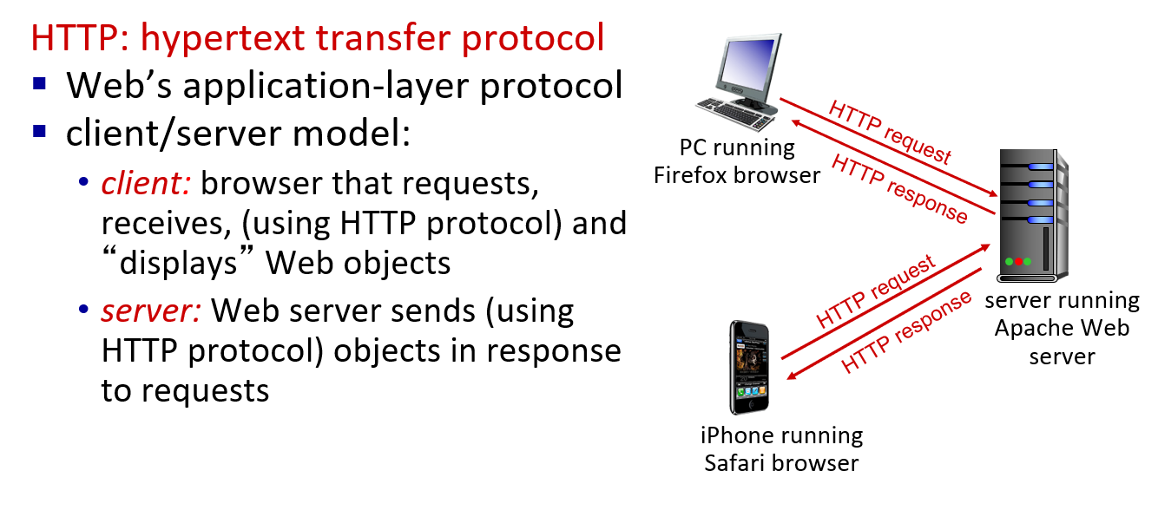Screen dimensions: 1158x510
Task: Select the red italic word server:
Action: tap(153, 311)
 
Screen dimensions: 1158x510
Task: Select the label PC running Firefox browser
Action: tap(737, 161)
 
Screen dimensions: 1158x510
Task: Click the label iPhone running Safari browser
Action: tap(781, 448)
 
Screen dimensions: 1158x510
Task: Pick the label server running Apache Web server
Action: tap(1062, 329)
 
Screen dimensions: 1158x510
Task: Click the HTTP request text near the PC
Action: tap(890, 133)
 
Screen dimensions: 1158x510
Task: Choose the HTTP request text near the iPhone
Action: tap(876, 292)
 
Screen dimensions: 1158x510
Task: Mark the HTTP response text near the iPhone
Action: tap(907, 332)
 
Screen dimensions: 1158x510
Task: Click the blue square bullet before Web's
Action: tap(39, 85)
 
